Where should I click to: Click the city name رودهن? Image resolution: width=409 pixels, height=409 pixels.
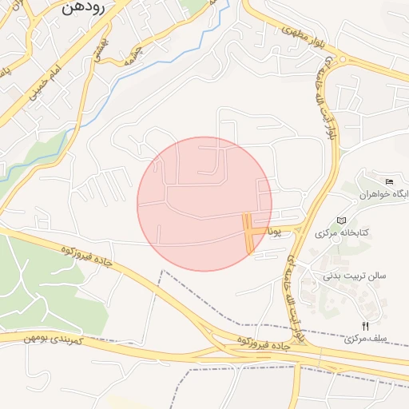click(82, 9)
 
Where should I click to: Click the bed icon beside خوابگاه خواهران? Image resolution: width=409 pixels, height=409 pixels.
click(389, 182)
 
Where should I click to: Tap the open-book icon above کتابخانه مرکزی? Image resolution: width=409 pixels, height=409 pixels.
click(342, 220)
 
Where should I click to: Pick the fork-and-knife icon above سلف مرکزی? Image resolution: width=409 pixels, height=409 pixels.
click(366, 325)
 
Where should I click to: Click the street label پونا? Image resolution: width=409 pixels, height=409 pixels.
click(274, 232)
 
